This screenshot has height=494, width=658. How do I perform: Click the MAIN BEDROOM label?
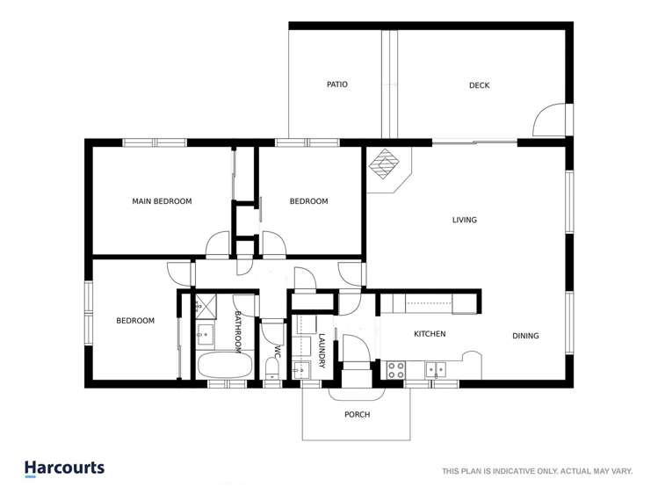click(162, 201)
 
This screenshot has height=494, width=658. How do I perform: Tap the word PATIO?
click(336, 85)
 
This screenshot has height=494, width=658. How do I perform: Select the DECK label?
click(479, 85)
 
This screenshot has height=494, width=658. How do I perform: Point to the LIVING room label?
click(464, 220)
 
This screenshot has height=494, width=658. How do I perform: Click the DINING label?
click(525, 336)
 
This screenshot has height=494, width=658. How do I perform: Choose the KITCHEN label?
click(430, 334)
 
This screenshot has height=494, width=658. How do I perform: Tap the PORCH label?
click(357, 415)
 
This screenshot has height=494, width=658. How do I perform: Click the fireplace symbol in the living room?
click(384, 164)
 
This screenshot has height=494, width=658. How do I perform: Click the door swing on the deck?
click(550, 121)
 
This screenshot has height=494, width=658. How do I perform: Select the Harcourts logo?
click(64, 469)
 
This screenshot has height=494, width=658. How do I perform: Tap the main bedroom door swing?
click(217, 243)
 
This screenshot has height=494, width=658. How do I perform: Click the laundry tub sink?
click(302, 368)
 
